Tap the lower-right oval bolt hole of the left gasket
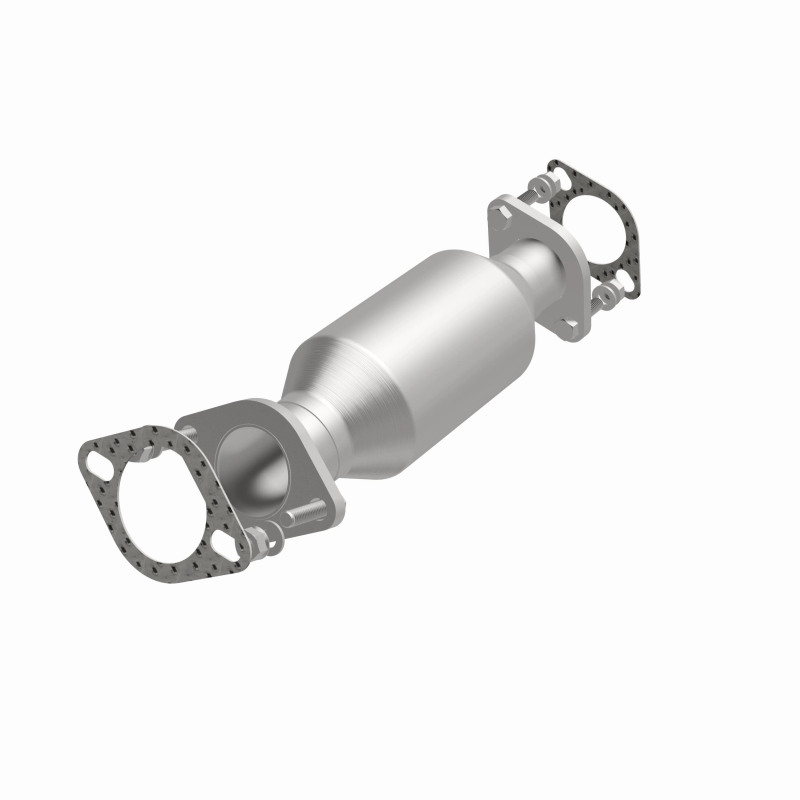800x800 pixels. (223, 544)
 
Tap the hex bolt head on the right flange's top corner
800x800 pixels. (500, 213)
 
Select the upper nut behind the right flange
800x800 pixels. (536, 186)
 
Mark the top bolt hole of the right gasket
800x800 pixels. (564, 179)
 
